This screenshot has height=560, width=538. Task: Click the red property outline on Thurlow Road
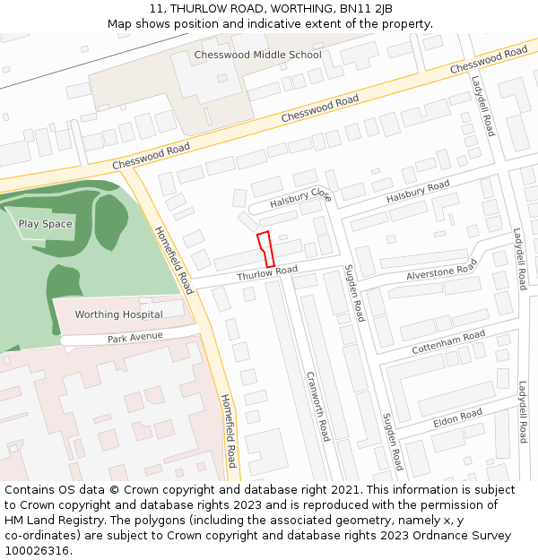265,248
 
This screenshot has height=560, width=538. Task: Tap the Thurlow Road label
267,272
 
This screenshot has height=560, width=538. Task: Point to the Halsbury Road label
418,192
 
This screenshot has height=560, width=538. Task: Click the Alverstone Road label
442,270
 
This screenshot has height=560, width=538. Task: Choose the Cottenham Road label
448,341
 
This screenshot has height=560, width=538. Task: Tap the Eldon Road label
457,418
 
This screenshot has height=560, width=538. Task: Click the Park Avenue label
135,337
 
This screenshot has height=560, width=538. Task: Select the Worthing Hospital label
118,314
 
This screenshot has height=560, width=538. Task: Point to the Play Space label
45,224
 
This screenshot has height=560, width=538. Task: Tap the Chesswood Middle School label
257,55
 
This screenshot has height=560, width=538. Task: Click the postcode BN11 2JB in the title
365,9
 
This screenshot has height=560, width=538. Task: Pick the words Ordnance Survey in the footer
465,535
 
